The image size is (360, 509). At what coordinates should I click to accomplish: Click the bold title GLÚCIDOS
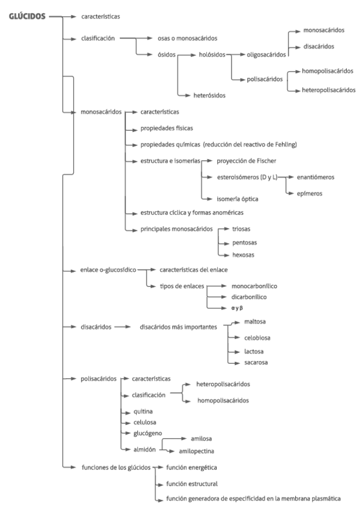27,17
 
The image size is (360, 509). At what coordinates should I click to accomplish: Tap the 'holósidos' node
212,55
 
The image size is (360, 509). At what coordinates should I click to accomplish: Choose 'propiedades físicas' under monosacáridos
167,128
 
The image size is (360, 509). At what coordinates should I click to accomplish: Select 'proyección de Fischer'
247,161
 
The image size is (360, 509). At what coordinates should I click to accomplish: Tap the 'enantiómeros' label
311,178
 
